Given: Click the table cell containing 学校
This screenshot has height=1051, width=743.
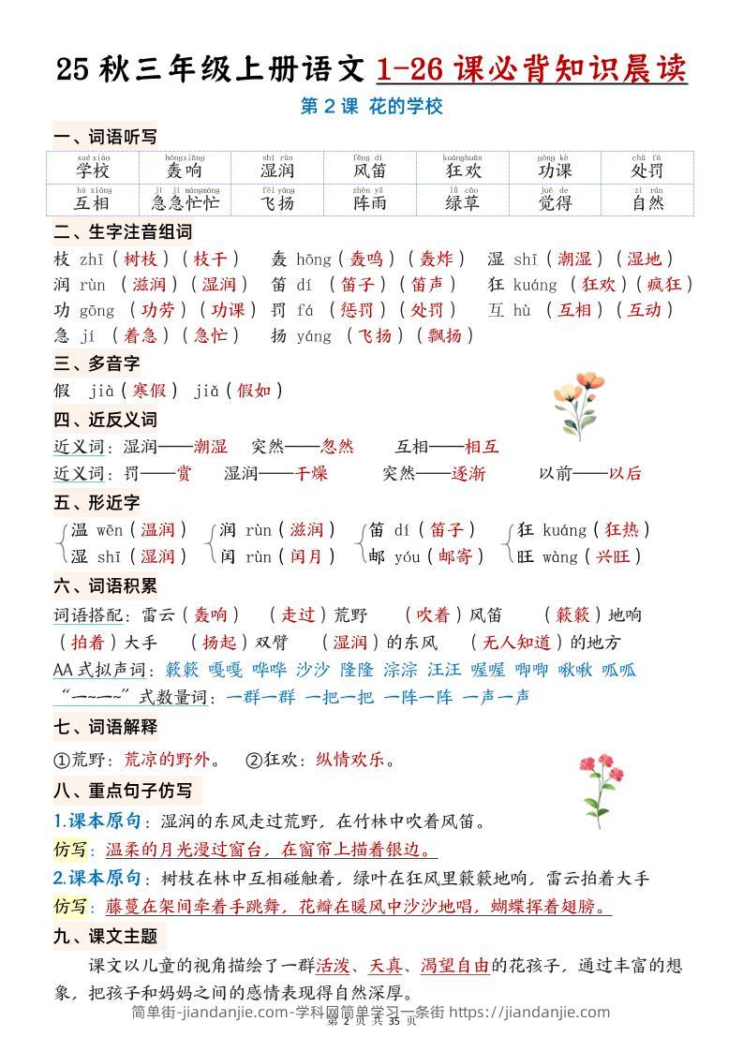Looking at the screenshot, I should pos(93,167).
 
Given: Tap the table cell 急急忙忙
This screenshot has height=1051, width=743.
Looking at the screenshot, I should pos(186,199).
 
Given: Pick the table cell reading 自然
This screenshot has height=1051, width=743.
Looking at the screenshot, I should pos(646,199).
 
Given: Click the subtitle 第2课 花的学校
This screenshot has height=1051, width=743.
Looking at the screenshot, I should pos(371,107).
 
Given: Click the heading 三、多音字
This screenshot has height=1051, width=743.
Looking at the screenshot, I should pos(97,363).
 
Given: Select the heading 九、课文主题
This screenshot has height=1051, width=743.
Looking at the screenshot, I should pos(105,935).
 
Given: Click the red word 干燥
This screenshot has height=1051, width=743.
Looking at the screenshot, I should pos(312,473).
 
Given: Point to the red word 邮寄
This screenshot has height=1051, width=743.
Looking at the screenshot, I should pos(454,556).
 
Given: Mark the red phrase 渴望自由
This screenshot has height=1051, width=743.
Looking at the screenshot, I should pos(454,965).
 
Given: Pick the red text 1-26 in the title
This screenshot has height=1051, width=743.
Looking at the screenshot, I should pos(410,68).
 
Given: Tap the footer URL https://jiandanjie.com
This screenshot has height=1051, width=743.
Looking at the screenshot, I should pos(530,1012).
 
